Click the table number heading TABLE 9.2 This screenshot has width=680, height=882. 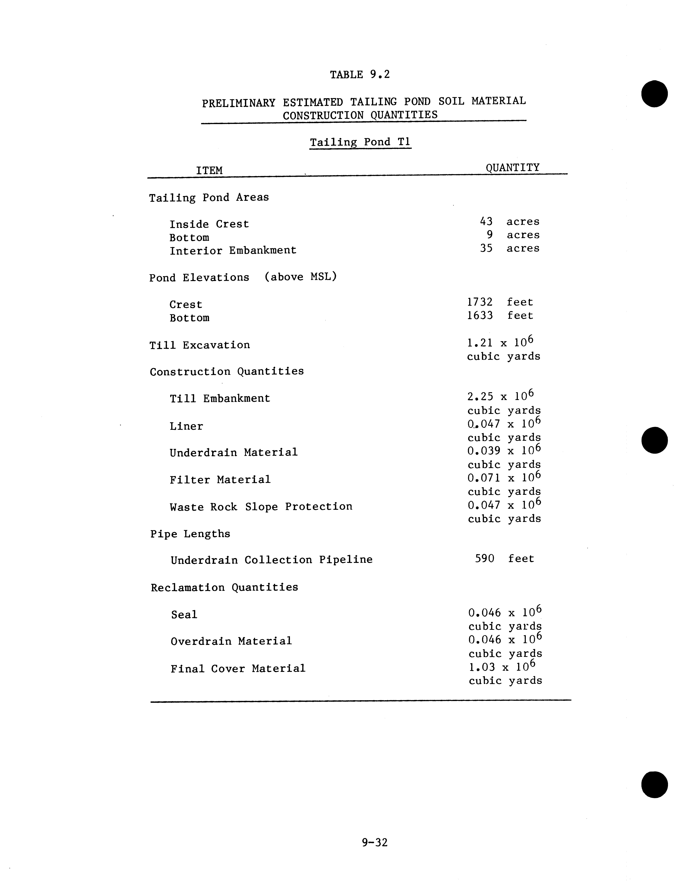[360, 75]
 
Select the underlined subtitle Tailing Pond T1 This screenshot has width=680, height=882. [360, 142]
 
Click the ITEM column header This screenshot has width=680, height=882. [209, 170]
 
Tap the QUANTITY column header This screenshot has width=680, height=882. [512, 168]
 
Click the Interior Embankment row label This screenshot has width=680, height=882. [233, 251]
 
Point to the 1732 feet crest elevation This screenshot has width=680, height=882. [500, 302]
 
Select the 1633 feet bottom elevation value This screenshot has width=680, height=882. [500, 315]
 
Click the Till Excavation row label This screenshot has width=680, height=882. [200, 345]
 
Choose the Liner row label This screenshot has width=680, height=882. [186, 426]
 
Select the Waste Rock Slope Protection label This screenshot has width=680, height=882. [261, 507]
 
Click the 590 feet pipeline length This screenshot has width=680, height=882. [504, 559]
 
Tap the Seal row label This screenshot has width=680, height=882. [184, 615]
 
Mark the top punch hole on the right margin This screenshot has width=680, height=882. [654, 94]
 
